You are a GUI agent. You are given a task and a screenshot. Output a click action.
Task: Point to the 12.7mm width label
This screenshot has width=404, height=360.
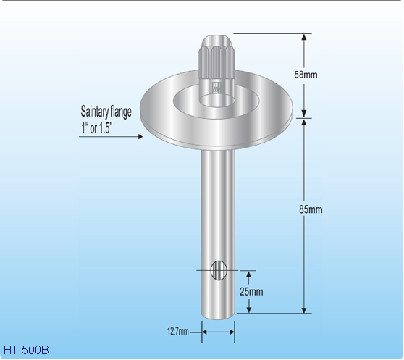point(178,332)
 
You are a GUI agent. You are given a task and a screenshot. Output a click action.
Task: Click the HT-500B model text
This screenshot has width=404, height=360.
point(26,350)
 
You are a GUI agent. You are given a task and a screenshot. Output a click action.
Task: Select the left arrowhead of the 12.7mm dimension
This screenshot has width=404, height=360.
point(204,332)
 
